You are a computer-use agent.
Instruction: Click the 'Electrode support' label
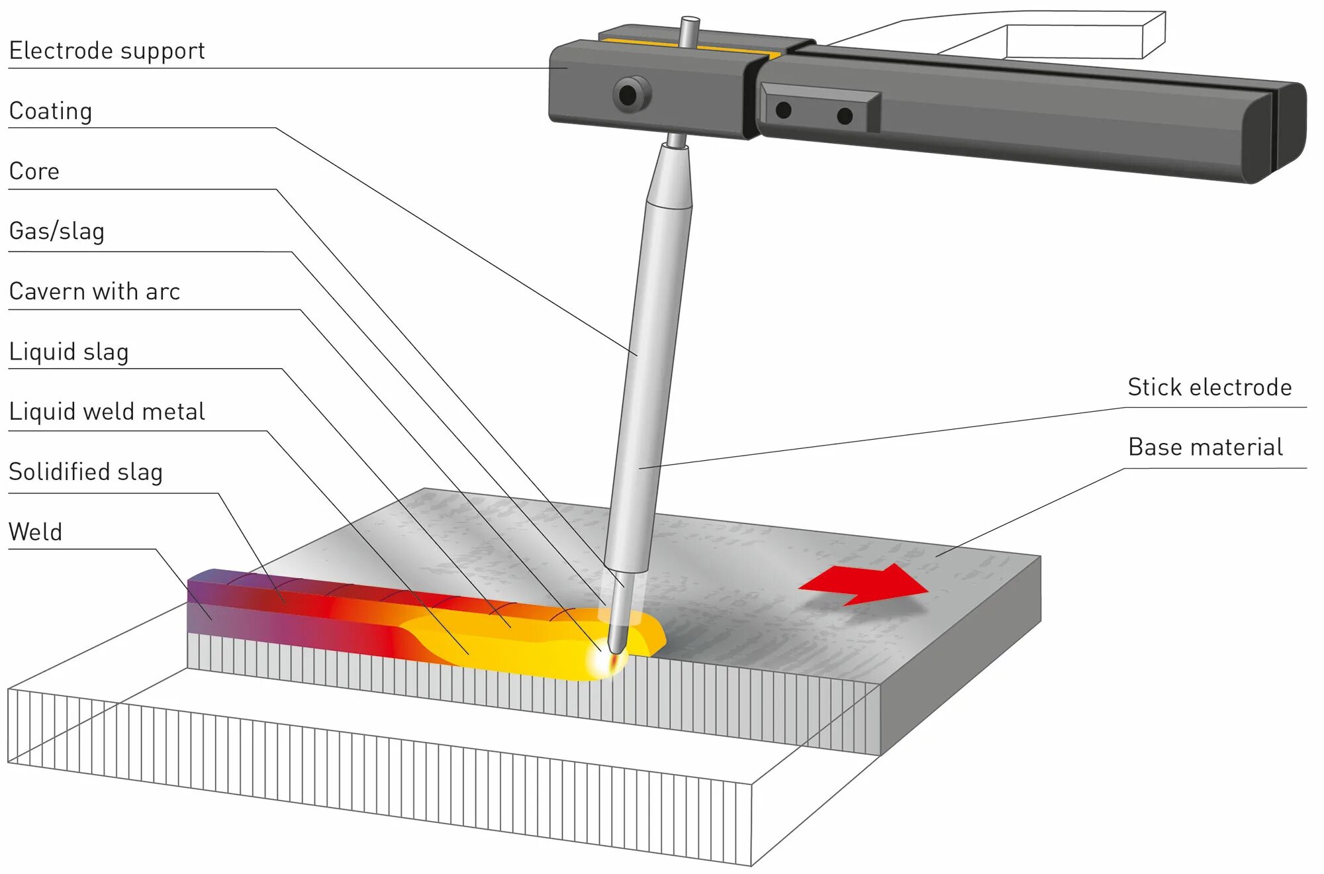107,51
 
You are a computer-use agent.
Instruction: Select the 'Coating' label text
50,111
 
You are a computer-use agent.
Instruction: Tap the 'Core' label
34,171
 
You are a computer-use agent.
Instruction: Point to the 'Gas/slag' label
57,232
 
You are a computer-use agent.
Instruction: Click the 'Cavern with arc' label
95,292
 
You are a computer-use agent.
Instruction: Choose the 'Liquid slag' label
69,352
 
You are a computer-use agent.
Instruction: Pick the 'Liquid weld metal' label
107,412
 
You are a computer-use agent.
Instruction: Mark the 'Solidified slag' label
85,472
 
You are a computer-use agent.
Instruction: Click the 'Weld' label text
36,532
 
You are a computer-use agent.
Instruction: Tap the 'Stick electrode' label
1209,387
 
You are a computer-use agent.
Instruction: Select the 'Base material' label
1206,448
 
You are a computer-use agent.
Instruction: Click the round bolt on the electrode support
630,95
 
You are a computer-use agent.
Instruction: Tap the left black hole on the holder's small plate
783,110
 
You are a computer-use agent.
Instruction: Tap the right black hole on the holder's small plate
845,116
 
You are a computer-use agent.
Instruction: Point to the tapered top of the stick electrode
671,175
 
